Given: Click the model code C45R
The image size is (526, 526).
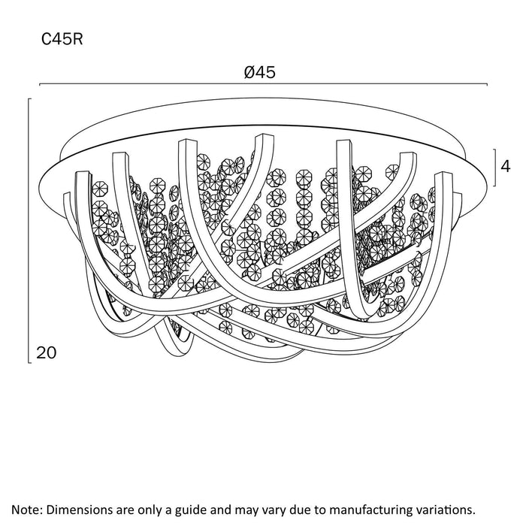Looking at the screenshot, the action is coord(62,39).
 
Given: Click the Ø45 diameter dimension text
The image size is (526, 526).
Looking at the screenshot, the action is coord(260,72).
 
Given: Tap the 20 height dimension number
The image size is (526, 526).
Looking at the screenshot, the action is coord(47,353).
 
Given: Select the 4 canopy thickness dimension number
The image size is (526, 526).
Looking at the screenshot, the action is coord(506,166).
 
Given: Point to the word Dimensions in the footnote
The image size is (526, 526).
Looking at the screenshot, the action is coord(80,510).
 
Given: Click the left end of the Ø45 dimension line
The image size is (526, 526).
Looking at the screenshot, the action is coord(40,84).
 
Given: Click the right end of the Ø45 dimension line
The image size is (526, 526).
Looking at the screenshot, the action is coord(487,84).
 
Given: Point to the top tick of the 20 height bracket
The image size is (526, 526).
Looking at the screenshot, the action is coord(30,99).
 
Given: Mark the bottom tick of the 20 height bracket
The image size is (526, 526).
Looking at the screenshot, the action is coord(30,363).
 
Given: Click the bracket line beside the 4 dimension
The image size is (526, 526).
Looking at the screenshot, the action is coord(495,168).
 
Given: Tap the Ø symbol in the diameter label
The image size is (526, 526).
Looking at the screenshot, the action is coord(250,72).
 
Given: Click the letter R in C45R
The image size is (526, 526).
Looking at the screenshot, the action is coord(77,39).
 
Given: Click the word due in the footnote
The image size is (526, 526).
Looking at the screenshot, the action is coord(293,510).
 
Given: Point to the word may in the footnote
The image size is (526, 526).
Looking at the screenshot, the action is coord(240,511).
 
